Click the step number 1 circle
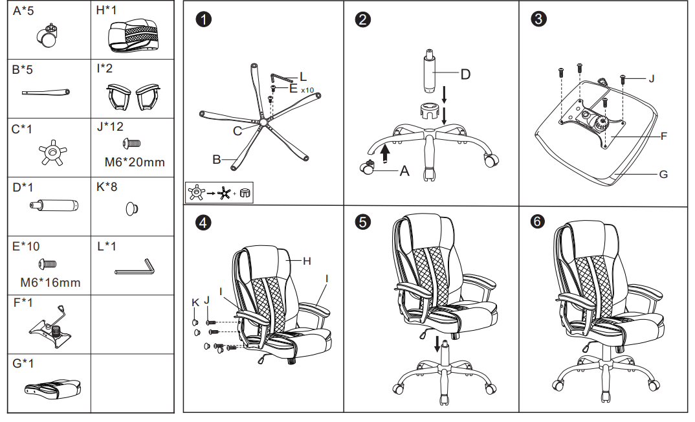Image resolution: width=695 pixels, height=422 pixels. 204,19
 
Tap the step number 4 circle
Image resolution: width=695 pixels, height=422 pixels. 204,223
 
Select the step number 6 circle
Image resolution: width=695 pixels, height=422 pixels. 538,222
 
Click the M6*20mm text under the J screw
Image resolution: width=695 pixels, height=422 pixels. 135,162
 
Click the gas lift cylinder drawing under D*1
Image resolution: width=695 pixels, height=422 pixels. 53,206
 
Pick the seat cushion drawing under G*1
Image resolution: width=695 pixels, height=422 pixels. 51,388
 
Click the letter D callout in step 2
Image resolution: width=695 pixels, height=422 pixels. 465,74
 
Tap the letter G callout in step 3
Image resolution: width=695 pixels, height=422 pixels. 663,174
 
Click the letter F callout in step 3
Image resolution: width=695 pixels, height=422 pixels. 664,136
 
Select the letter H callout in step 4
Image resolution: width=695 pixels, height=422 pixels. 307,261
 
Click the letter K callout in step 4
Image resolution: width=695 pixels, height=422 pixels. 195,302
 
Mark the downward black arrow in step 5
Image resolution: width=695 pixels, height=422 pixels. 438,342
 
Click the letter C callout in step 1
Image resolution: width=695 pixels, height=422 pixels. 237,131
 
